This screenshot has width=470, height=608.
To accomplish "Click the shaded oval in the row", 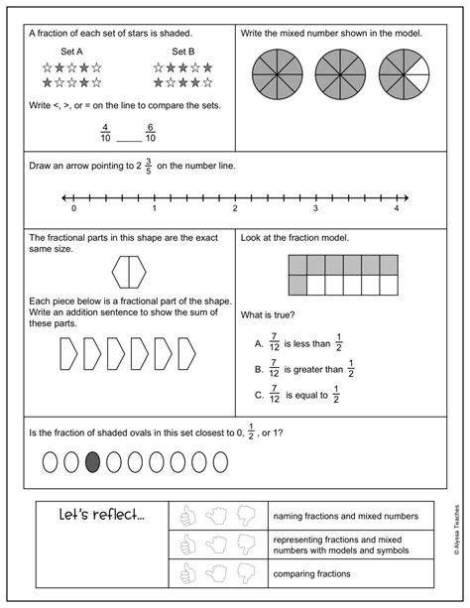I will [92, 461].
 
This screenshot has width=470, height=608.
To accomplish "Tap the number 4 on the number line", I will [396, 209].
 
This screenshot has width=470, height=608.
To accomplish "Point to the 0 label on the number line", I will [73, 209].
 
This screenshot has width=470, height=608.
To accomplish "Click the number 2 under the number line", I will [235, 209].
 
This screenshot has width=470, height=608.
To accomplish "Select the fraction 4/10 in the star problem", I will [105, 133].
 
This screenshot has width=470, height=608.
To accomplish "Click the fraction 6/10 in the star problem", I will [151, 133].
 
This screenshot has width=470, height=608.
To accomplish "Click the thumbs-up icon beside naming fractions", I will [184, 516].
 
